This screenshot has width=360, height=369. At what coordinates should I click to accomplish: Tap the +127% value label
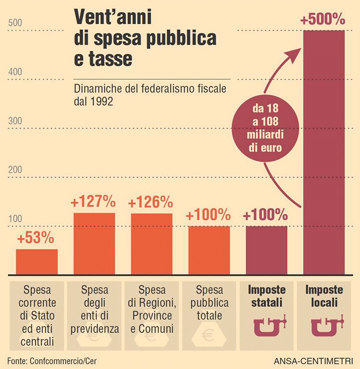coord(94,202)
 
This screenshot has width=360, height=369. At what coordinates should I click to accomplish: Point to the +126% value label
coord(151,202)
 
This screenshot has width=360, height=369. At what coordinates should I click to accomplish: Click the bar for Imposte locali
coord(324,154)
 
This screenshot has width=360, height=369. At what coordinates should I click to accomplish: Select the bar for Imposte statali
coord(265,250)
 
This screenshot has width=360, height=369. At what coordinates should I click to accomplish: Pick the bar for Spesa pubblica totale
coord(208,250)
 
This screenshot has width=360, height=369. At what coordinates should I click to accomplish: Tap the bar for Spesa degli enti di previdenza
coord(94,243)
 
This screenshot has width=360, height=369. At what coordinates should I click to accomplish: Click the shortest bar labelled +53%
coord(37,261)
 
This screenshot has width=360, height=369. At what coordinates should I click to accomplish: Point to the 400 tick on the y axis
coord(15,72)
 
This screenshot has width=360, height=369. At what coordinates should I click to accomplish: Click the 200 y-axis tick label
coord(15,170)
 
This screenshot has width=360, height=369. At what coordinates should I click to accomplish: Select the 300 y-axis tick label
coord(15,121)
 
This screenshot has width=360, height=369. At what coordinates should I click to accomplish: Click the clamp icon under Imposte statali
coord(266,326)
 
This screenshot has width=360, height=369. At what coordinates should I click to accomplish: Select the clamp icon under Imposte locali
coord(324,326)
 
